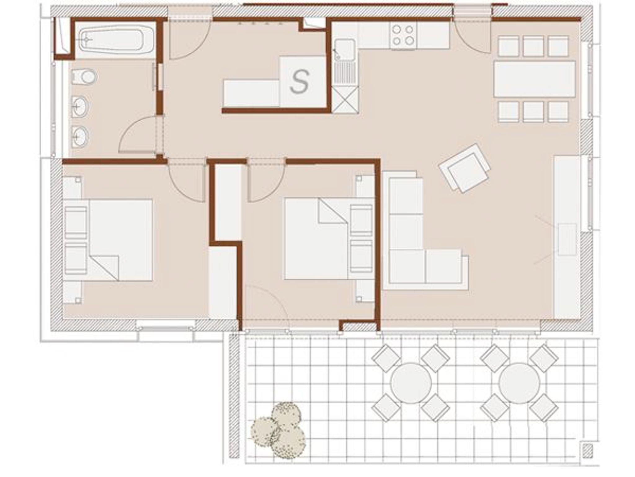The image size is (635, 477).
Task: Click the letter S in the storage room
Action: (x=299, y=82)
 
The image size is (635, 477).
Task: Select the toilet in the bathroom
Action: (x=83, y=77)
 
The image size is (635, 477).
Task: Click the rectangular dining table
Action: (x=535, y=79)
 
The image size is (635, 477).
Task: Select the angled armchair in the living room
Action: (x=464, y=168)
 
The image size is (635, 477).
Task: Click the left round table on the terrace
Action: (x=411, y=383)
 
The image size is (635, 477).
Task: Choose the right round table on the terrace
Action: (x=519, y=383)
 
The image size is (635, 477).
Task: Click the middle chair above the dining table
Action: (x=533, y=46)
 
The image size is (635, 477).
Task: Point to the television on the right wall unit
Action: (x=567, y=239)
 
